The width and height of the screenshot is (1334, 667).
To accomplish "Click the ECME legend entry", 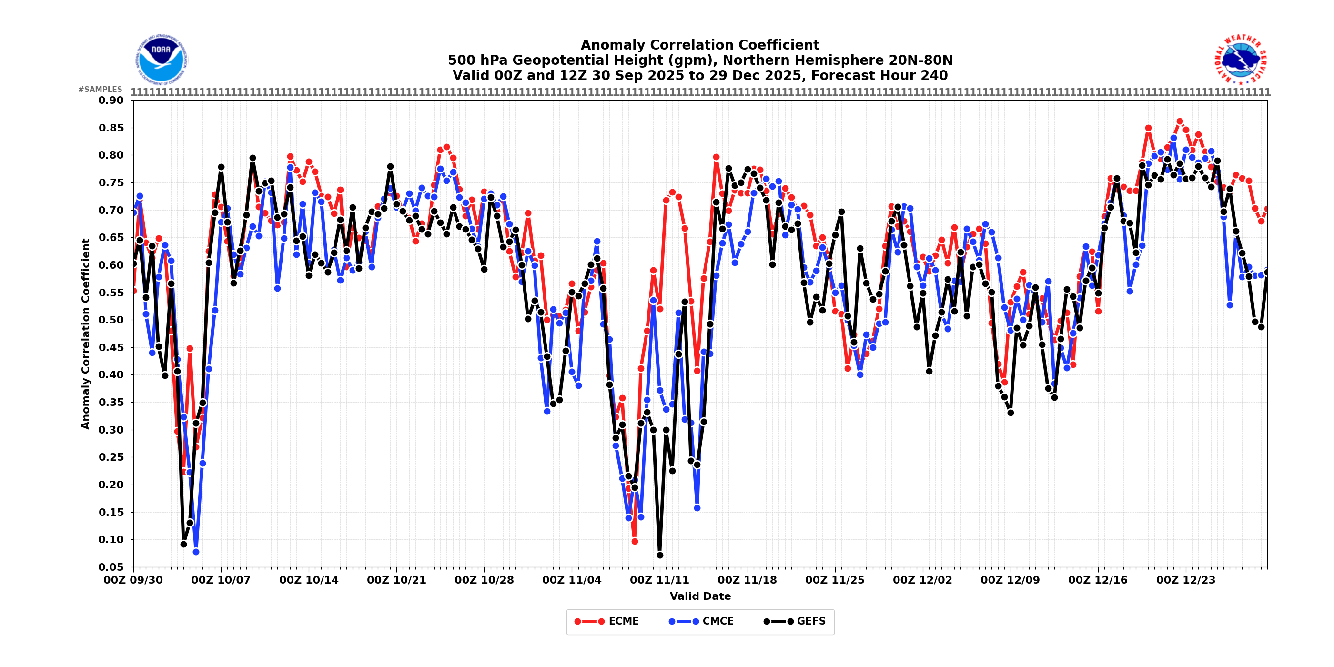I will point(606,621).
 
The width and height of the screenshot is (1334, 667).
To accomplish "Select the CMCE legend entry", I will point(701,621).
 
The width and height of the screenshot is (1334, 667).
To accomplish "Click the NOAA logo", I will point(161,60).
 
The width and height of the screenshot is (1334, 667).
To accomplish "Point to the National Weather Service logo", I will point(1241,60).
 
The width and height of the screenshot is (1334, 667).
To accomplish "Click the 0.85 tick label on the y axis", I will point(111,128).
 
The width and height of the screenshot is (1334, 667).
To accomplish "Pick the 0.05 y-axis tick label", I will point(111,567).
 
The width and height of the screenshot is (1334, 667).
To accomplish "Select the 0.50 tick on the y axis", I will point(111,320).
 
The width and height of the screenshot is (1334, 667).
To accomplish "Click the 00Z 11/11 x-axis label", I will point(659,580).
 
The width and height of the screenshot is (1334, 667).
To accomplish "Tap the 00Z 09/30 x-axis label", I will point(133,580).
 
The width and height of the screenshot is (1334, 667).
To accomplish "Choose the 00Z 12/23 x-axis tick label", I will point(1186,580).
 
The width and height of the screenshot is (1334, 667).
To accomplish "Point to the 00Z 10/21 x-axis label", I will point(396,580).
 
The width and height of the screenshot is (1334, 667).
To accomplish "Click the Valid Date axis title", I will point(700,596).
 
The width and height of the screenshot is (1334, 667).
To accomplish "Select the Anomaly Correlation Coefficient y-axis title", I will point(85,333).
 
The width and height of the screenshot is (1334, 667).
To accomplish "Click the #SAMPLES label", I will point(101,90).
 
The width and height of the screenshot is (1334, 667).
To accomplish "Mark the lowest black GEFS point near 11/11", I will point(660,555).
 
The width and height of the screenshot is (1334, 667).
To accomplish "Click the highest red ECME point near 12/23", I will point(1180,121).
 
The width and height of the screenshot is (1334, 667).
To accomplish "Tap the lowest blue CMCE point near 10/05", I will point(196,552).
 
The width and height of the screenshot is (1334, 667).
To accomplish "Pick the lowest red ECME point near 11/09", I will point(635,541).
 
